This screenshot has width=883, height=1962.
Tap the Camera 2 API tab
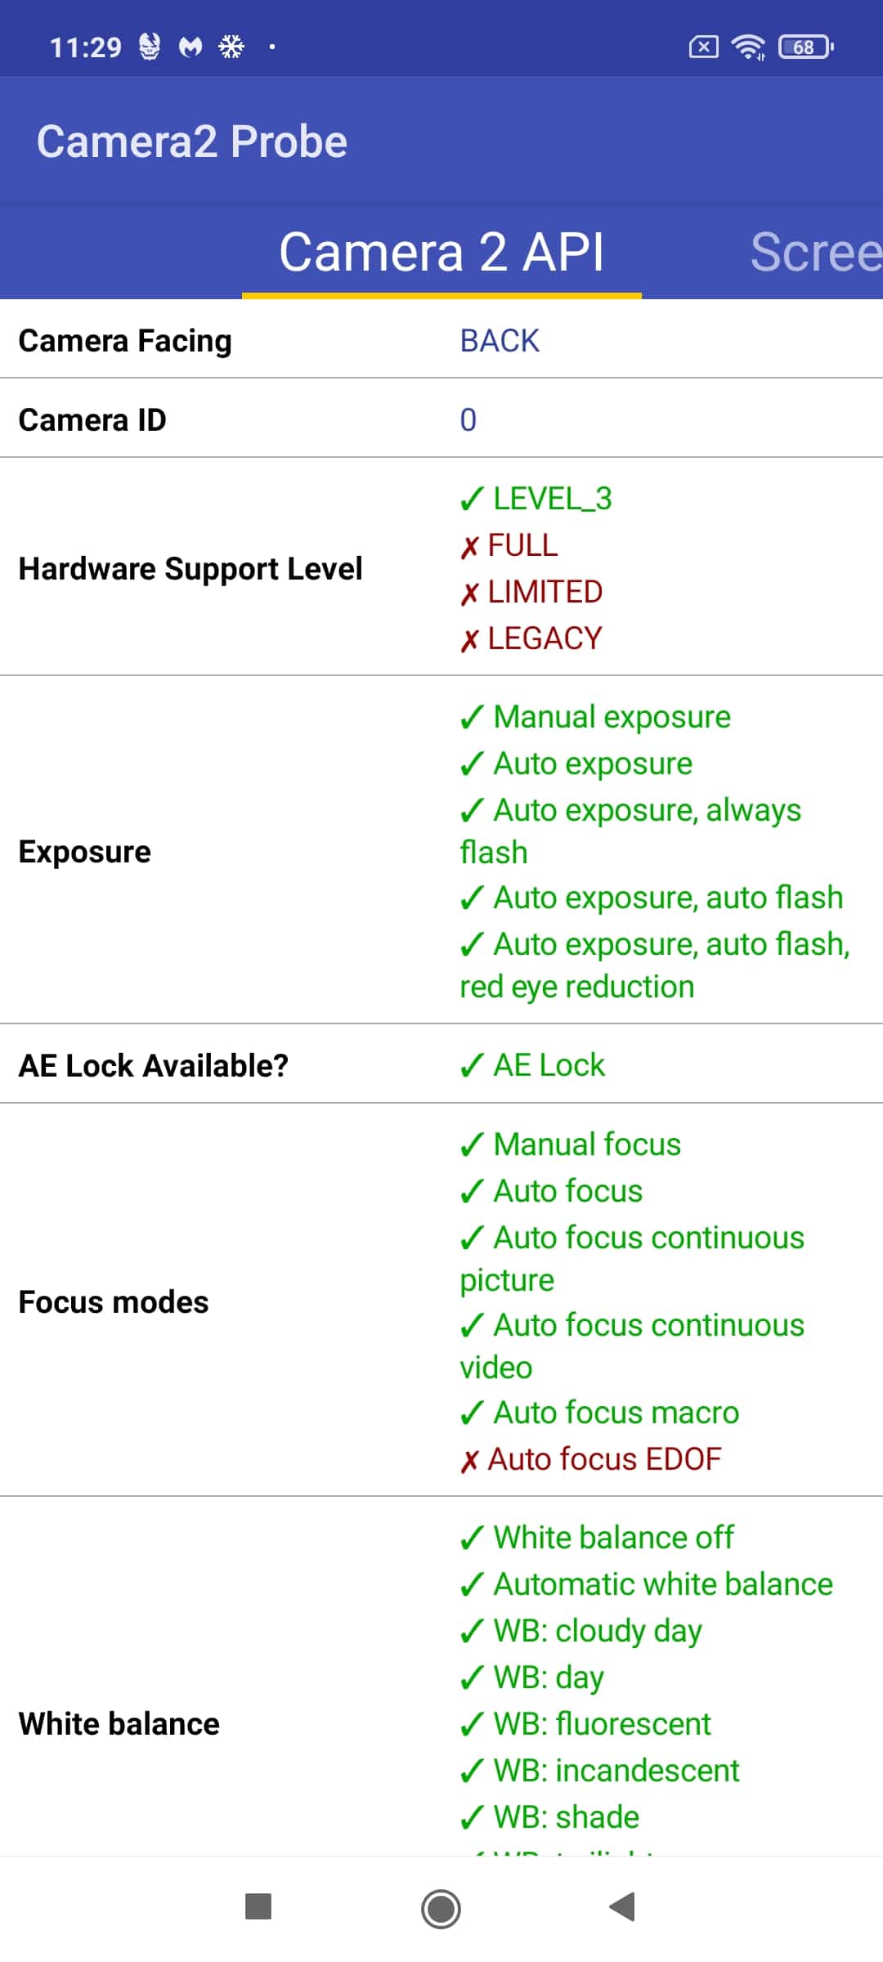(x=441, y=252)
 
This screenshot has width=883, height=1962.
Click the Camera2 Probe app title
(x=192, y=141)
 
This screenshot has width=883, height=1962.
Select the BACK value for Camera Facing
(x=500, y=340)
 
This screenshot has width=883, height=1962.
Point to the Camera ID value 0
(x=468, y=419)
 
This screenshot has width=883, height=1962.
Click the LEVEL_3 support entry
(x=536, y=498)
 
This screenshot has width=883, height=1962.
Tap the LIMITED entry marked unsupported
(x=531, y=591)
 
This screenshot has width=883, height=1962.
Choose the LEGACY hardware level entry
(x=531, y=638)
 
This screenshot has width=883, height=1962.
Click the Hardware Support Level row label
(x=190, y=568)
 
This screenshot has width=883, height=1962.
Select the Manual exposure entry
(x=595, y=717)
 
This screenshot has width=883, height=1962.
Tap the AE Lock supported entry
(x=532, y=1065)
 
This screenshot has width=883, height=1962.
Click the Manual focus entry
(x=571, y=1144)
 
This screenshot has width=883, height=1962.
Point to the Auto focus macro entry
(x=599, y=1413)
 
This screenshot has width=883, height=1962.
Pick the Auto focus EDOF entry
(x=591, y=1459)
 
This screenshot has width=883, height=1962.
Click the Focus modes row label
(x=114, y=1301)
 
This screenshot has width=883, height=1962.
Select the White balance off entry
(x=597, y=1538)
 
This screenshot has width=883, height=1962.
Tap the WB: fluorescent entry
(x=585, y=1724)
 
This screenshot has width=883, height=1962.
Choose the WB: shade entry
(x=549, y=1817)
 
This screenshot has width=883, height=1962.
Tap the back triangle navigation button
(x=623, y=1906)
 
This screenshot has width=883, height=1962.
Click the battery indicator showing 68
(x=806, y=47)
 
